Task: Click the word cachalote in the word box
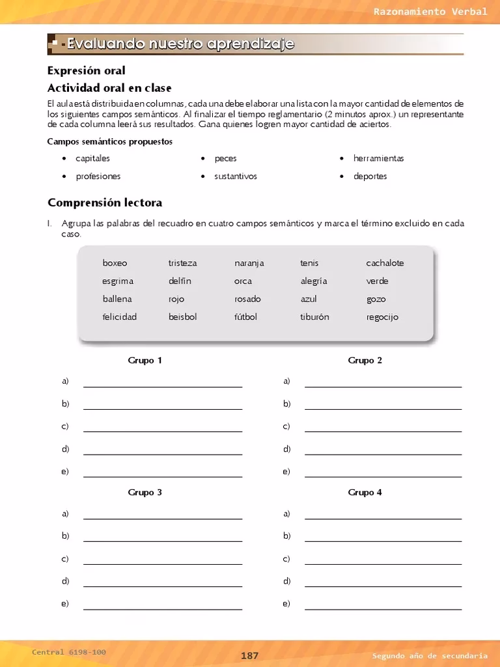click(385, 263)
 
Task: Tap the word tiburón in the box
click(314, 317)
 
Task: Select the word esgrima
click(118, 281)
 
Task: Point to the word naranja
click(249, 263)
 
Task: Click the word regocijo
click(382, 317)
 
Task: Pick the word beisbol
click(182, 317)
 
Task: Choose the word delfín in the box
click(180, 281)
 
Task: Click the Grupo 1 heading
click(145, 360)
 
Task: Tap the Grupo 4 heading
click(365, 492)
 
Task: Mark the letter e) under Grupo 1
click(65, 472)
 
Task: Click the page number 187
click(250, 656)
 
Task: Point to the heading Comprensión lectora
click(105, 203)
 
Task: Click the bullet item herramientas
click(378, 158)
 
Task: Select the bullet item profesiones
click(98, 177)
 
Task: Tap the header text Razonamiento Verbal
click(430, 12)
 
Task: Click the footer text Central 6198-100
click(69, 652)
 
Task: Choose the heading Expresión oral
click(87, 70)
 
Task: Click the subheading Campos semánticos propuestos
click(110, 141)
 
